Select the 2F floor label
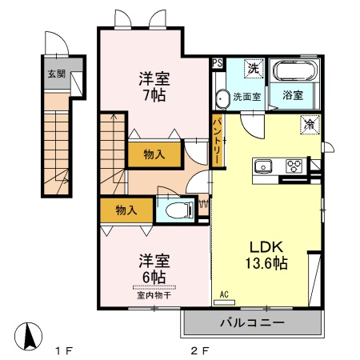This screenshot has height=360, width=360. click(199, 350)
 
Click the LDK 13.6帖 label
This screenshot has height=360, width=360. click(266, 254)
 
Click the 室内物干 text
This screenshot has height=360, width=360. click(151, 294)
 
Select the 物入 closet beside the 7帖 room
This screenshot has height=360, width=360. click(154, 154)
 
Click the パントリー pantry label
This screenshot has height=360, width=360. click(217, 141)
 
